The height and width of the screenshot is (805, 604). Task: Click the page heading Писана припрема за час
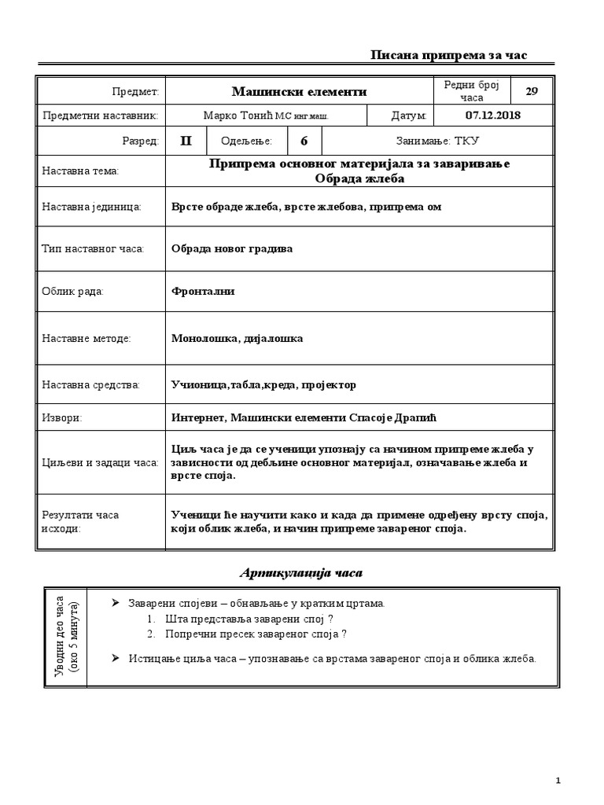pos(449,55)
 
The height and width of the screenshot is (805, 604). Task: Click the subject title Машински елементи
pos(300,92)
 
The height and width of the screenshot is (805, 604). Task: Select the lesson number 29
pos(532,91)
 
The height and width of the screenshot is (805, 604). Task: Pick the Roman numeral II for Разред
pos(186,141)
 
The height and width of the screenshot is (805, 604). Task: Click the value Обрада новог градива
pos(232,248)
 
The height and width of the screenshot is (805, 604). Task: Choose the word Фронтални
pos(203,292)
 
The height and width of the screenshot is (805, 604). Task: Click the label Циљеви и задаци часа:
pos(100,462)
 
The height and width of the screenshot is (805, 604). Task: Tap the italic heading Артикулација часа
pos(300,573)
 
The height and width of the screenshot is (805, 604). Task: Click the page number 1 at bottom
pos(558,780)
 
